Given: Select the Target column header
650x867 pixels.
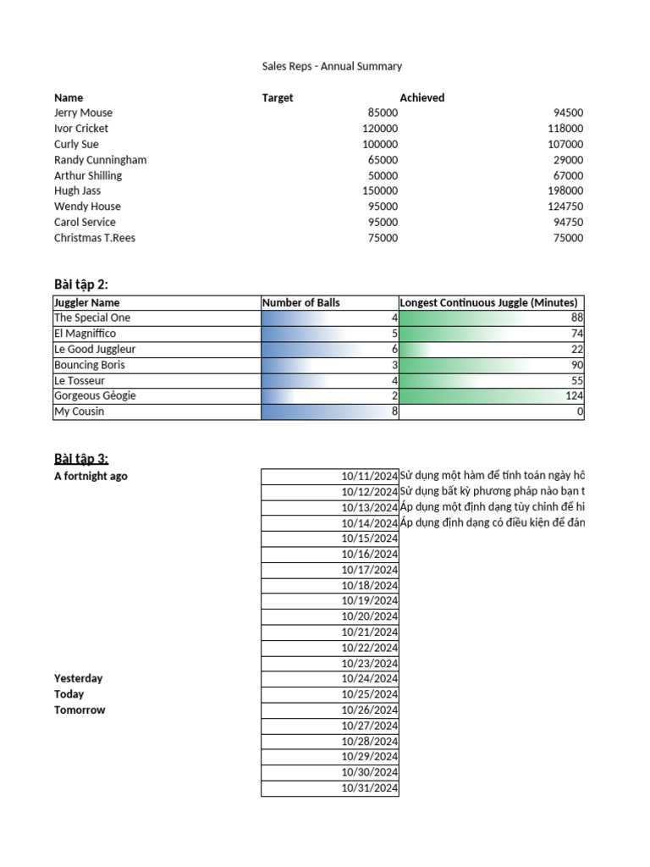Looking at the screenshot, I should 278,97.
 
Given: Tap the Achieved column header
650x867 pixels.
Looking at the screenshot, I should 421,97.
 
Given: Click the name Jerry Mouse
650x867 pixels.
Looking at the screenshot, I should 83,113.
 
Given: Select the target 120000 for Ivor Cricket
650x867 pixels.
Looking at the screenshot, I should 379,129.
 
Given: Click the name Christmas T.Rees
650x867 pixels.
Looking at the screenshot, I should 95,238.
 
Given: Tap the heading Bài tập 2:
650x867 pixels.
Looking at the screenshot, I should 81,284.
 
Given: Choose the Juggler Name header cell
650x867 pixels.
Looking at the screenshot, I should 87,302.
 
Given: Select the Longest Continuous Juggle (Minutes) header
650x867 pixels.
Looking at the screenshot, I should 489,302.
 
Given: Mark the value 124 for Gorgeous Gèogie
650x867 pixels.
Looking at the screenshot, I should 575,395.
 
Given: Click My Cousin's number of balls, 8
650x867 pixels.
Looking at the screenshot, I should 394,411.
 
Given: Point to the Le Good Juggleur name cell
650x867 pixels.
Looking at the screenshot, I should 95,349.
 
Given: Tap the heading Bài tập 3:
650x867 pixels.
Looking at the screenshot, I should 81,458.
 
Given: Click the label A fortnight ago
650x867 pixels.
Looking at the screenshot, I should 91,476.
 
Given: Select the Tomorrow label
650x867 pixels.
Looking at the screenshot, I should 80,710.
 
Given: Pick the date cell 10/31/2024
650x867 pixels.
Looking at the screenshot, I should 369,788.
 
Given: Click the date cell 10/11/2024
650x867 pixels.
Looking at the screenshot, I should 369,476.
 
